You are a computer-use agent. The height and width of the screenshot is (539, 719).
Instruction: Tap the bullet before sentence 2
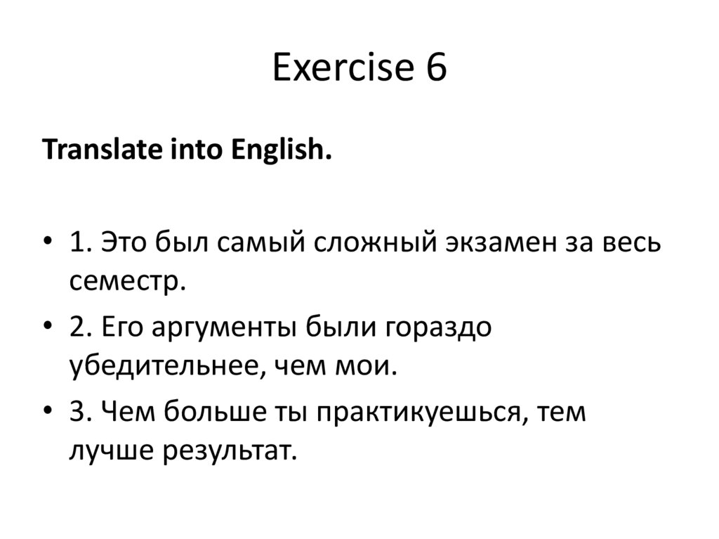47,328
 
